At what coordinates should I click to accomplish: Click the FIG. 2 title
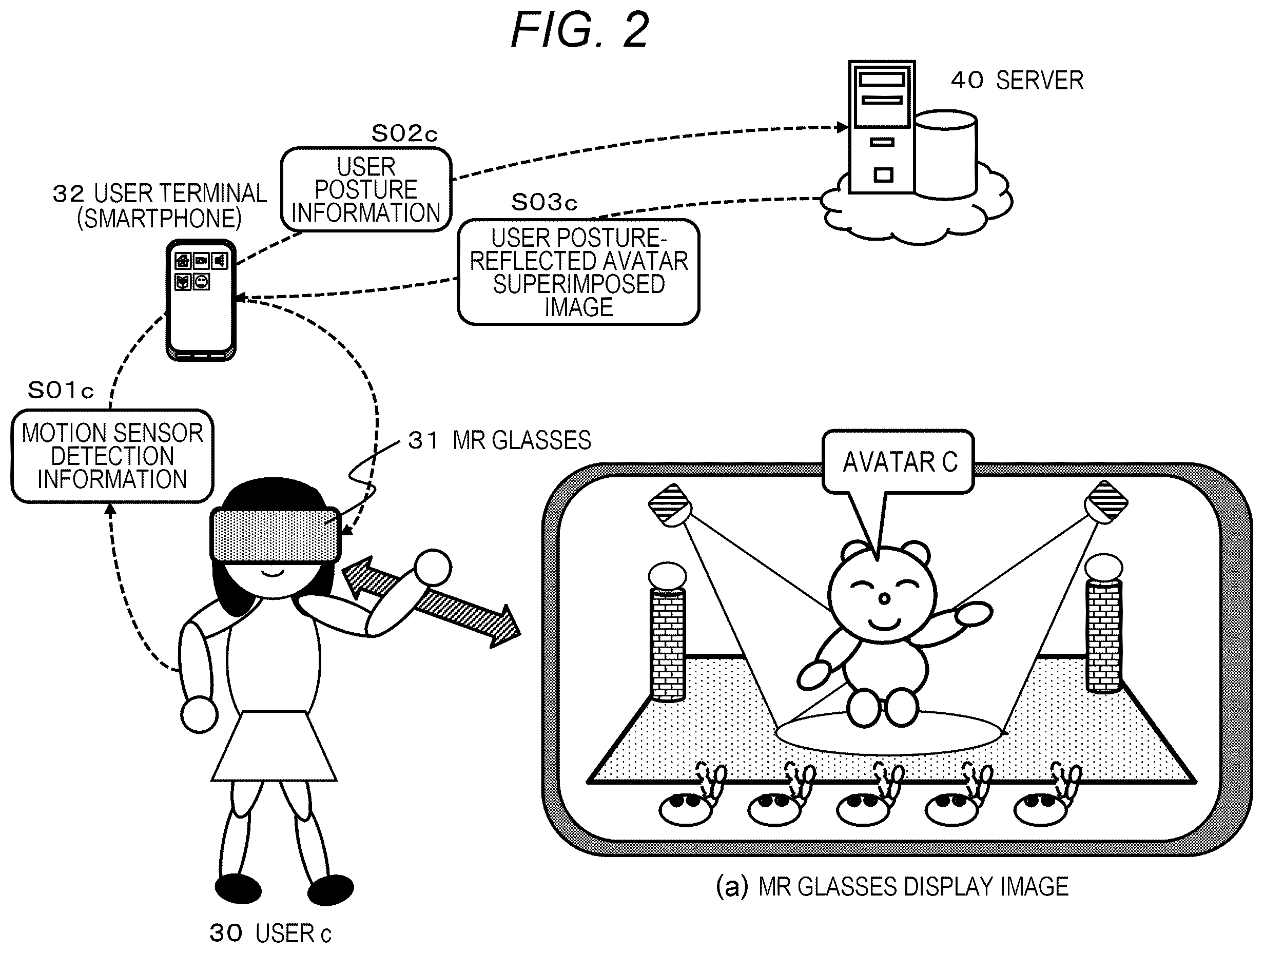[x=579, y=30]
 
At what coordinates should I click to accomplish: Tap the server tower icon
[x=882, y=127]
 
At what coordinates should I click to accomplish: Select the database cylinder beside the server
[x=946, y=154]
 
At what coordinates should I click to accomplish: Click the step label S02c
[x=404, y=134]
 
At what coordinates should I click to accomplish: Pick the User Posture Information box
[x=366, y=190]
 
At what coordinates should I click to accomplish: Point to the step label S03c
[x=544, y=202]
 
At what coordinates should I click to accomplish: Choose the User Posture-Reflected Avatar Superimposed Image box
[x=578, y=272]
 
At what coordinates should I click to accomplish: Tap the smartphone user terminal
[x=201, y=300]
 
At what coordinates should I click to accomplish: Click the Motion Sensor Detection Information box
[x=112, y=456]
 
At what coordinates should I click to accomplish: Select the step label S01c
[x=61, y=391]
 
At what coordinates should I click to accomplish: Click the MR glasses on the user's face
[x=276, y=534]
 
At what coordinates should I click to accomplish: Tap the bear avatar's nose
[x=884, y=599]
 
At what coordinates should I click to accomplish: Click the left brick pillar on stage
[x=668, y=631]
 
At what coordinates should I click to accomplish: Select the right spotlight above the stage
[x=1106, y=503]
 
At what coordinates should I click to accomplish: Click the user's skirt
[x=274, y=746]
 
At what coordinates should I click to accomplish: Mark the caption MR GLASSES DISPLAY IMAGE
[x=912, y=887]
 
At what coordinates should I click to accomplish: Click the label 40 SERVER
[x=1017, y=81]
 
